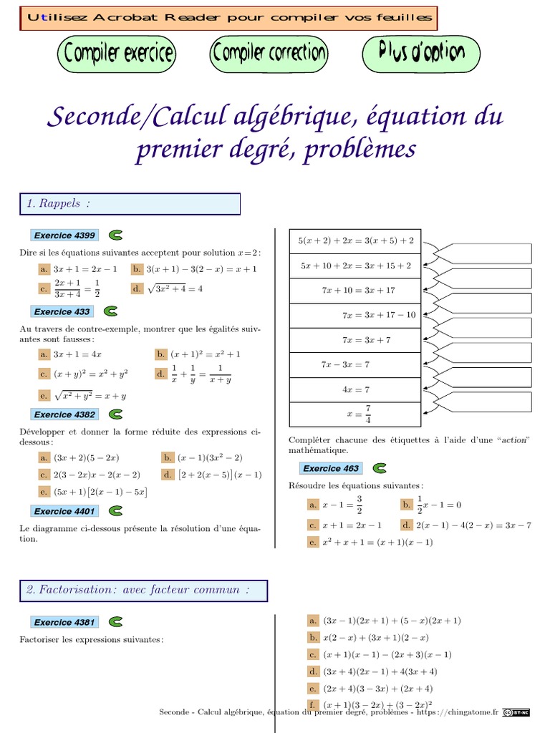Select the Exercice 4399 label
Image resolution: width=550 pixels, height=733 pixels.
coord(64,235)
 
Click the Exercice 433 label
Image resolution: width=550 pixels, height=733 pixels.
coord(62,311)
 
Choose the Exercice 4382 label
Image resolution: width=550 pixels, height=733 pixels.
coord(64,414)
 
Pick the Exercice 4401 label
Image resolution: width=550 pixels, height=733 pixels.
coord(64,511)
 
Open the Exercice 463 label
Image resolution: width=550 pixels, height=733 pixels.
coord(331,468)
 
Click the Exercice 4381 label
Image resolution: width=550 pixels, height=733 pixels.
coord(64,622)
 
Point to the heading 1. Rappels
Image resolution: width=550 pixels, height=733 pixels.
coord(130,204)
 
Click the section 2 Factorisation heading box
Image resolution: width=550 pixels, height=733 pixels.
coord(143,591)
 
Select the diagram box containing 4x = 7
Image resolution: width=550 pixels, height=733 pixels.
coord(354,389)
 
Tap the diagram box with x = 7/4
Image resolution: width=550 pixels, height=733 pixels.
coord(354,414)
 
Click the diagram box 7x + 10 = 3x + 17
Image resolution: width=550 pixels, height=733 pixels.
coord(354,291)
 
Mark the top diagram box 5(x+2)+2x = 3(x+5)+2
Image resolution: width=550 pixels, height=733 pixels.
coord(354,241)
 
